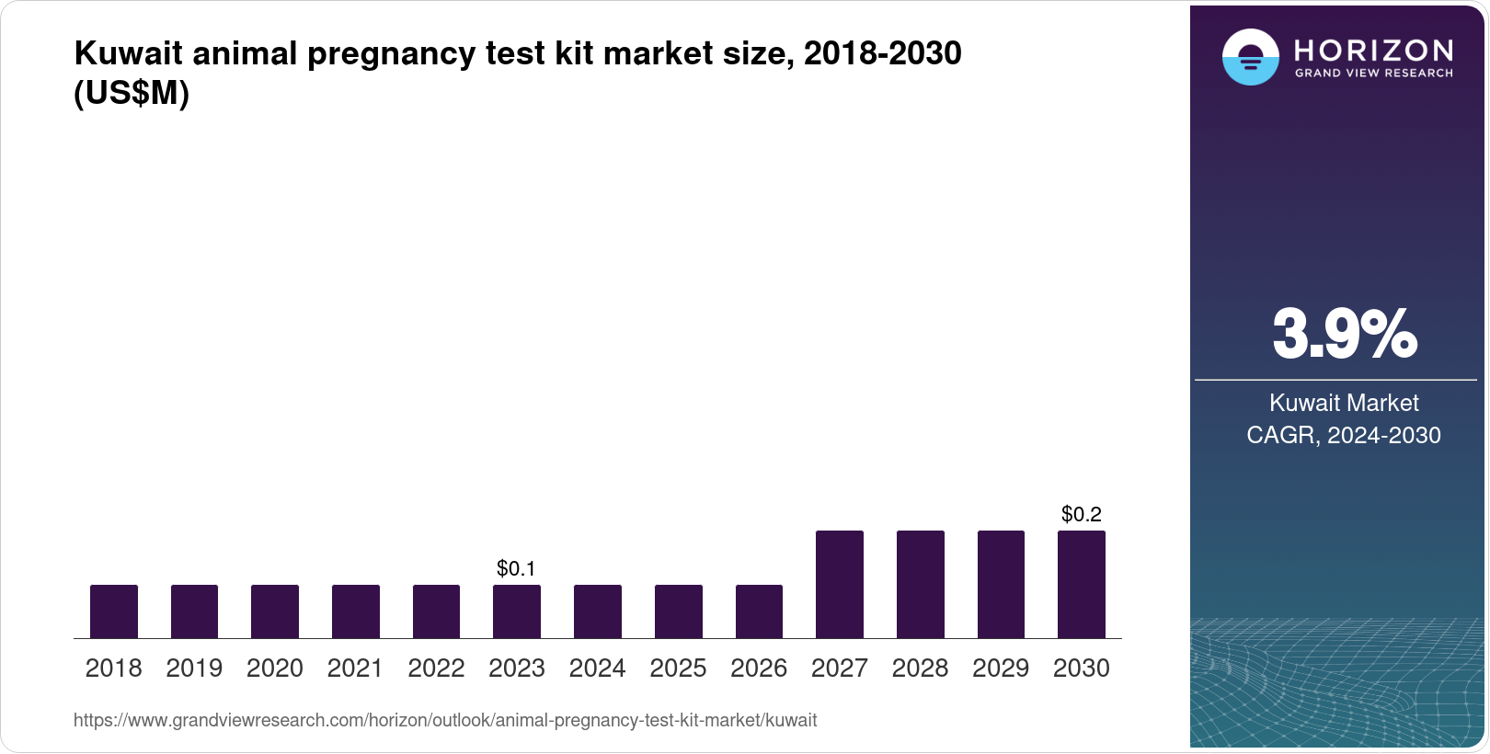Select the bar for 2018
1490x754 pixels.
click(114, 611)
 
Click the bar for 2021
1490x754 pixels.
click(356, 611)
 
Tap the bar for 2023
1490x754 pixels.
click(517, 611)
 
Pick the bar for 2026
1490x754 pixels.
click(759, 611)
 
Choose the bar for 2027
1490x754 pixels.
click(840, 585)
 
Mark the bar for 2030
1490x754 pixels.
click(1082, 585)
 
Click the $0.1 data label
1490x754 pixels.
click(516, 569)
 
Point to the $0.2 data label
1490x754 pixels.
click(1082, 515)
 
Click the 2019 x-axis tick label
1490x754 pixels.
click(194, 668)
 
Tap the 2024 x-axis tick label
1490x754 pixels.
click(598, 668)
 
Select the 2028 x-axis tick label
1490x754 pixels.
click(920, 668)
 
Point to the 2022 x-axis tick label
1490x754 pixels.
click(436, 668)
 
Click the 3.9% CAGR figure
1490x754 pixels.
click(1345, 335)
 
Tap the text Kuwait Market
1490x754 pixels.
click(1344, 404)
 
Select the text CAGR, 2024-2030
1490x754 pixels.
click(1344, 436)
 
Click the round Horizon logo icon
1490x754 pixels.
click(1250, 58)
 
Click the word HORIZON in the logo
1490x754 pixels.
click(1373, 51)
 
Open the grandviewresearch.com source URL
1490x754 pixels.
click(445, 721)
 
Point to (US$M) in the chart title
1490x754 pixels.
click(132, 94)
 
